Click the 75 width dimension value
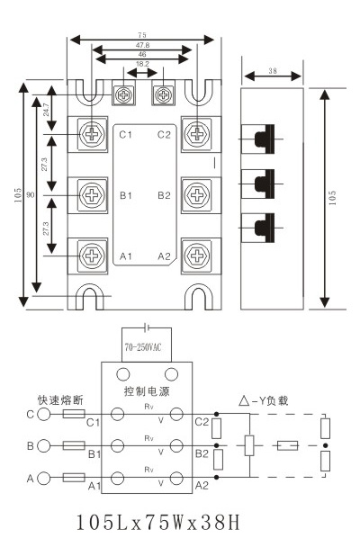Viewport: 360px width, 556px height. pos(142,35)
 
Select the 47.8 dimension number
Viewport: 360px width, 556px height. pos(142,45)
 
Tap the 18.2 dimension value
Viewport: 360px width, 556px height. pos(142,64)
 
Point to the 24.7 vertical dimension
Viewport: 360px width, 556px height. pos(46,110)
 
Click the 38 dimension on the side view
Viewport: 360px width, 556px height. pos(273,70)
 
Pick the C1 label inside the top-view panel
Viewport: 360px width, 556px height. pos(125,135)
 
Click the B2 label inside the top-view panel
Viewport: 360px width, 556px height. pos(164,195)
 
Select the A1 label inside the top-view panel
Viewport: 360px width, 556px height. pos(126,256)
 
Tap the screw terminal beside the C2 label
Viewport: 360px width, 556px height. pos(196,134)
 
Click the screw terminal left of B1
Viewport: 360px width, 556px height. pos(92,194)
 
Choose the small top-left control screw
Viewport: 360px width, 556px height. pos(124,94)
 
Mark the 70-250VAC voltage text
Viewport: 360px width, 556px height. pos(143,347)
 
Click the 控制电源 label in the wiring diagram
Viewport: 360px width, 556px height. pos(147,391)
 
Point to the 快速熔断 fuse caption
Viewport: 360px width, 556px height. pos(60,400)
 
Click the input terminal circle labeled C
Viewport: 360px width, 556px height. pos(44,414)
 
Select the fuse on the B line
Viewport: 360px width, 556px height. pos(74,445)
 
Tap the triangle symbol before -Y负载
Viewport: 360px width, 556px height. pos(244,401)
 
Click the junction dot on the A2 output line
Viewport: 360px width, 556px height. pos(216,478)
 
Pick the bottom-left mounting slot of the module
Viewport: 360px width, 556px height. pos(90,296)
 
